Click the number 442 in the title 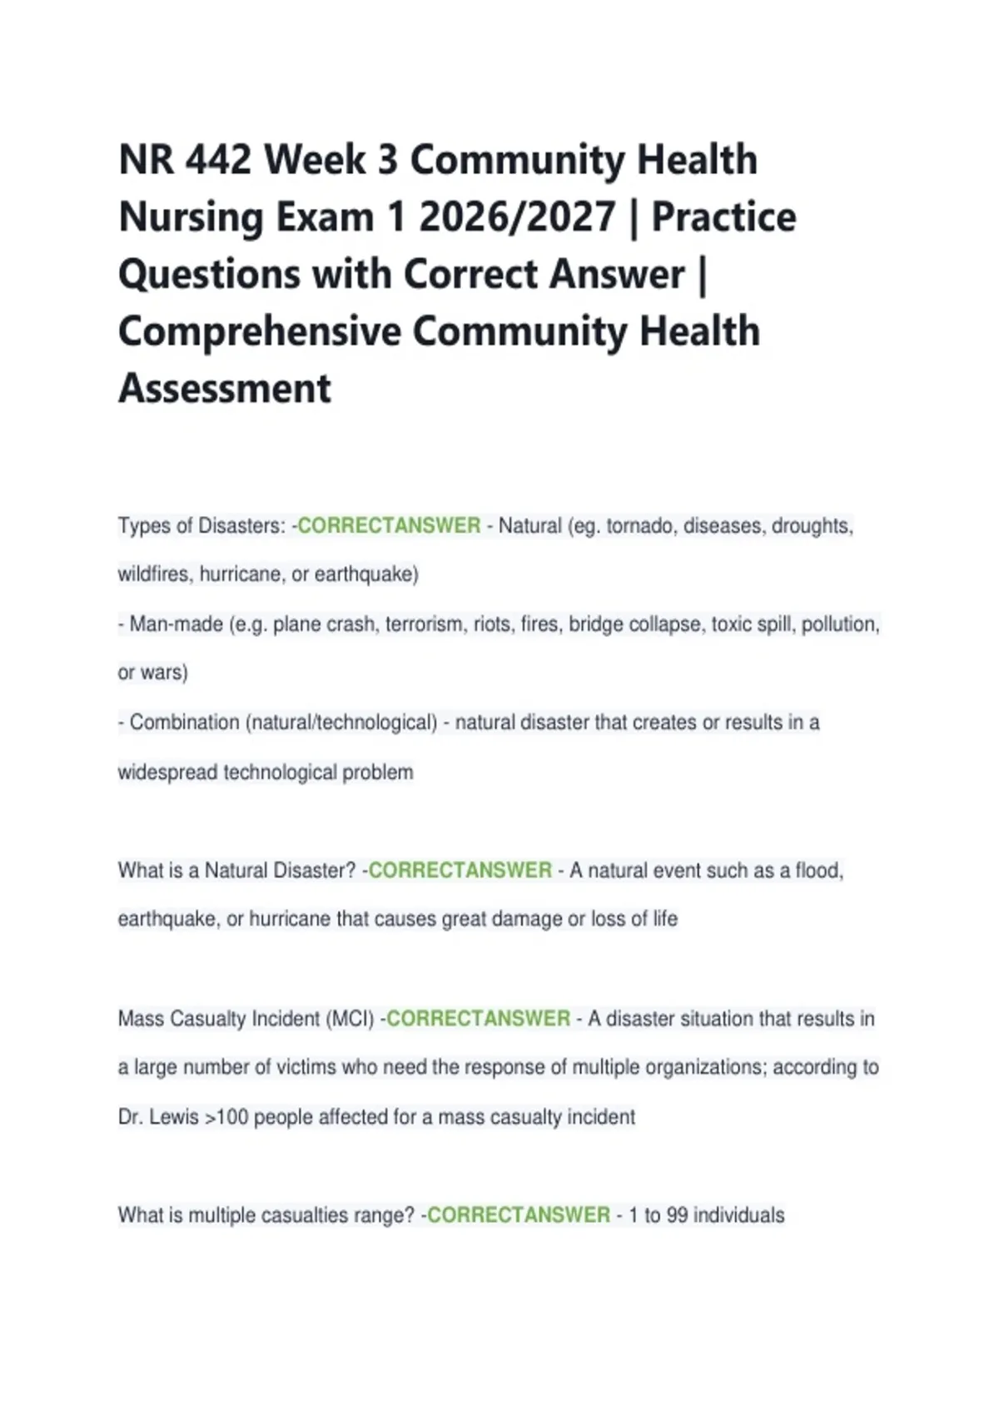click(218, 160)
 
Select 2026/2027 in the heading click(517, 217)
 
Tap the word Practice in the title click(723, 217)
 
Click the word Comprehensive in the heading click(260, 331)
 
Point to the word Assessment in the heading click(225, 389)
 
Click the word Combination click(184, 722)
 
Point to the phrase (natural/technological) click(341, 722)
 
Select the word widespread click(167, 772)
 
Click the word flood click(818, 871)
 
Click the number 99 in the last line click(677, 1215)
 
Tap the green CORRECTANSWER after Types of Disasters click(389, 526)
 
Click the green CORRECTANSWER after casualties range click(519, 1215)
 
